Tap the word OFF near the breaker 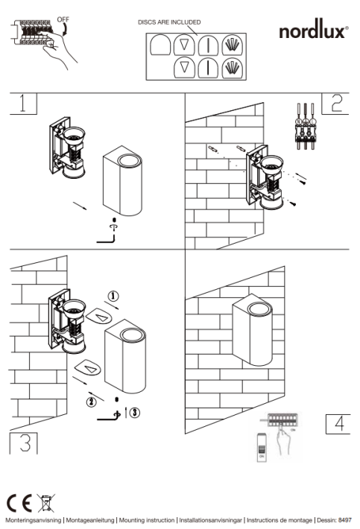[63, 19]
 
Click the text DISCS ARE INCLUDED [169, 22]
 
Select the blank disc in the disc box [160, 45]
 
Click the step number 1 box [23, 104]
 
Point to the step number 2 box [335, 104]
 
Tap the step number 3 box [24, 443]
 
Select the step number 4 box [338, 424]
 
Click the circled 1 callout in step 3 [113, 297]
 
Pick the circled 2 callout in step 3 [92, 402]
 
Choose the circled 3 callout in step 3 [135, 412]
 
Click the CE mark [19, 504]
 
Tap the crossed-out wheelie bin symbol [46, 503]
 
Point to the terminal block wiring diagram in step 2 [306, 126]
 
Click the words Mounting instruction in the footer [147, 520]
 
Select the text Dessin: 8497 [334, 520]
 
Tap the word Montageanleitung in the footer [89, 520]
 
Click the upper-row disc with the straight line [209, 45]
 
